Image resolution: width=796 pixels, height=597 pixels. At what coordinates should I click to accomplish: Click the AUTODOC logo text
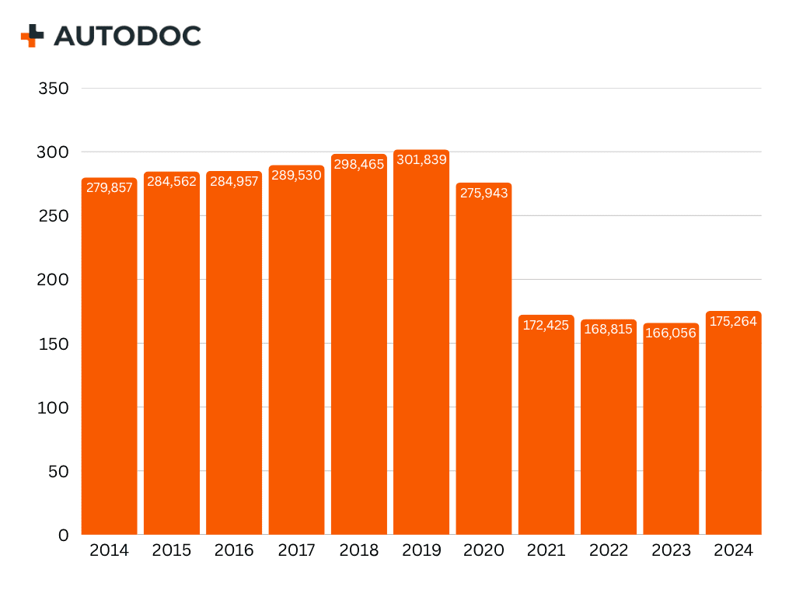[x=127, y=36]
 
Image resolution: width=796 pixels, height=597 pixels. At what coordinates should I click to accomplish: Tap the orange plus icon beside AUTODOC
[x=33, y=36]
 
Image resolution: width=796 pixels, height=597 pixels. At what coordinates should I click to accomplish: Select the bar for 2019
[x=421, y=350]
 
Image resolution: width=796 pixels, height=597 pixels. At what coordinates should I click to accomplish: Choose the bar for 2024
[x=733, y=428]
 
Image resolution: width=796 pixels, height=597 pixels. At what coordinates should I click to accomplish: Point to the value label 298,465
[x=358, y=165]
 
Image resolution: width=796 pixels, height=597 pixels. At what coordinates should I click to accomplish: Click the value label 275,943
[x=484, y=193]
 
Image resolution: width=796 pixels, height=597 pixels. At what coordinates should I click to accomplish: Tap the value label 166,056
[x=671, y=333]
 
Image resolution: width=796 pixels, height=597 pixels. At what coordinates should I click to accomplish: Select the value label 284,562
[x=172, y=182]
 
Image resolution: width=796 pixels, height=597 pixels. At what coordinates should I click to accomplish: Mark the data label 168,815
[x=609, y=329]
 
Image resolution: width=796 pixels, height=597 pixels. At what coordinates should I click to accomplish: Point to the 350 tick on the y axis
[x=54, y=89]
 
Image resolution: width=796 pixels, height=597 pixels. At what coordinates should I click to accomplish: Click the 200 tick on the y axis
[x=54, y=280]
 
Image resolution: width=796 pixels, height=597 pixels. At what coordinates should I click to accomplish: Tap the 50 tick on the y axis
[x=59, y=471]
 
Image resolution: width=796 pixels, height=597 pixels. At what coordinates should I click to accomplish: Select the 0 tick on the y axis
[x=64, y=535]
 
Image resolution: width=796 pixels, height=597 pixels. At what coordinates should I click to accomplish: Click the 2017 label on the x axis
[x=297, y=550]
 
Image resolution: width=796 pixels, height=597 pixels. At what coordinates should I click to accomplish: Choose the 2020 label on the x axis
[x=484, y=550]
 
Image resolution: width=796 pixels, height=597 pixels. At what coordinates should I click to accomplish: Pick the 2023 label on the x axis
[x=671, y=550]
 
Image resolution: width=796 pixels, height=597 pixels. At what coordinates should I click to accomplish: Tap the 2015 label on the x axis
[x=172, y=550]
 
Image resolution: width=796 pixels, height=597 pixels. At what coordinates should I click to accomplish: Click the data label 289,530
[x=296, y=176]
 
